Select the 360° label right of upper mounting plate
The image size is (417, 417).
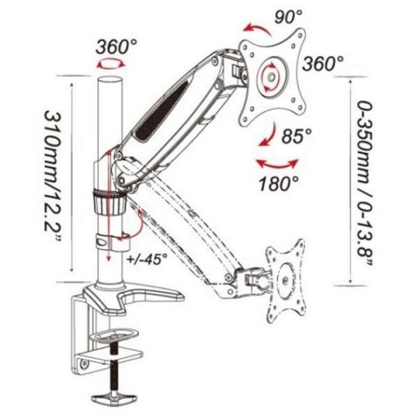322,63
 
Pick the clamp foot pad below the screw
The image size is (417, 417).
115,396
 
